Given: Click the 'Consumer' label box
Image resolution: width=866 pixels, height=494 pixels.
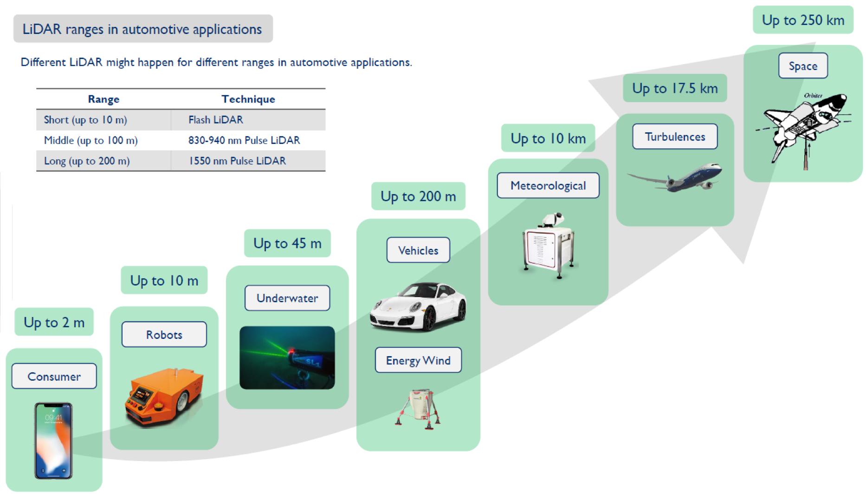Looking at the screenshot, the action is (54, 376).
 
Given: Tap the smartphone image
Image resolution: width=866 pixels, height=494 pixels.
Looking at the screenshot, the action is (54, 441).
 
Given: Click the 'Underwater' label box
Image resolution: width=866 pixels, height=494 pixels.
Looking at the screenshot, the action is (287, 298).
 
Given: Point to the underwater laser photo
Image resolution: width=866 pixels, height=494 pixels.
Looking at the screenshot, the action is (287, 357).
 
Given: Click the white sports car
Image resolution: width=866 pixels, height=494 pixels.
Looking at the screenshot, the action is (418, 306).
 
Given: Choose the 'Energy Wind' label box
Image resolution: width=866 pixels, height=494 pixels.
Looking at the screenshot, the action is (418, 360).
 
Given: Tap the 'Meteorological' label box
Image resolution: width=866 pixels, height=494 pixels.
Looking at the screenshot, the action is (548, 186).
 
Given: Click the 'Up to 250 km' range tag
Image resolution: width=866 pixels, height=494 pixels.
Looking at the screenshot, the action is (803, 20).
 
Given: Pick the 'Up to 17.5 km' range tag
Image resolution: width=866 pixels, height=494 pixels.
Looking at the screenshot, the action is (675, 88).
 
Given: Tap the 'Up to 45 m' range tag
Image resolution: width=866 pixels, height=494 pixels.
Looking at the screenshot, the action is (287, 243).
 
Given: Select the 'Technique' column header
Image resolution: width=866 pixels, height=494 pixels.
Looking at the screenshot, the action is (248, 99).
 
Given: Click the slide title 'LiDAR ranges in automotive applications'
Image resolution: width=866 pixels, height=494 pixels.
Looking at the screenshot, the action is (142, 29).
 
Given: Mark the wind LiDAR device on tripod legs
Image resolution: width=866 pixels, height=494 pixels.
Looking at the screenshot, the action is (418, 409).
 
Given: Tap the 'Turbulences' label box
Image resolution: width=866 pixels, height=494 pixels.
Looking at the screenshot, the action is (675, 136).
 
